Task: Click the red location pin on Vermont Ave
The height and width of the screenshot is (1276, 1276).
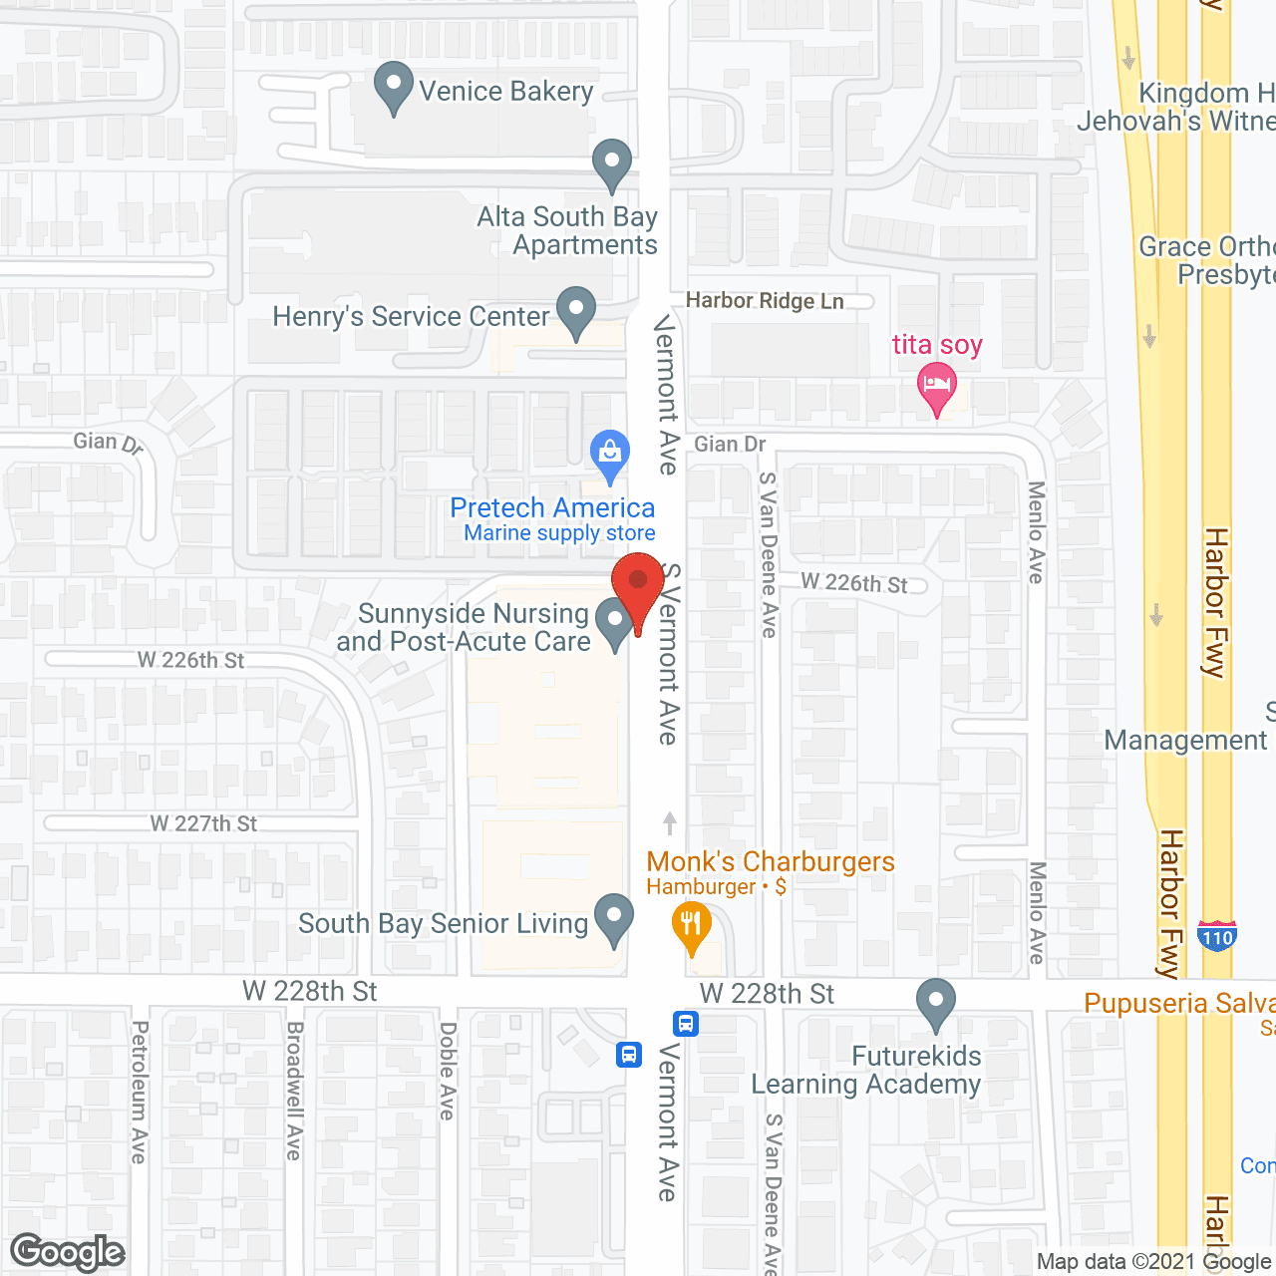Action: [638, 583]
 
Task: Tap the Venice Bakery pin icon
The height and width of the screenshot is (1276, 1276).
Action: [394, 87]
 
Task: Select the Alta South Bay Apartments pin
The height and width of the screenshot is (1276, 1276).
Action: [612, 164]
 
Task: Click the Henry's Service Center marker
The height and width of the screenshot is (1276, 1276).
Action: [576, 312]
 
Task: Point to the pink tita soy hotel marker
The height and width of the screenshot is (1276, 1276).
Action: [936, 387]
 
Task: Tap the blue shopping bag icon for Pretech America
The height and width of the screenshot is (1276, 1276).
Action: [610, 456]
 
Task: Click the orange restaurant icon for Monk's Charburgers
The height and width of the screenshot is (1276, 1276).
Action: [691, 926]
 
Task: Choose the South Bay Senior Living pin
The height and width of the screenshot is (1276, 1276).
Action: [614, 919]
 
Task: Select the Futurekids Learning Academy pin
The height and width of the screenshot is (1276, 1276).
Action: [935, 1004]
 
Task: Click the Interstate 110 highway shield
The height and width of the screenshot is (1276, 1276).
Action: [1217, 935]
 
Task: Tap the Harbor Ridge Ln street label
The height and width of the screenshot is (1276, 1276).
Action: [765, 301]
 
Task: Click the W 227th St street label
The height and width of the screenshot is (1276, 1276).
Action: [203, 823]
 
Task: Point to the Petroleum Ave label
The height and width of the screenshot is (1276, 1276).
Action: [140, 1092]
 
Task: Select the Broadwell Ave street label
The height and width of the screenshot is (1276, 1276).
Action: [294, 1091]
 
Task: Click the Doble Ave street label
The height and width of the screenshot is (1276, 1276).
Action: [448, 1071]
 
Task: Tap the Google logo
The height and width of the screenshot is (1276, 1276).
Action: [68, 1252]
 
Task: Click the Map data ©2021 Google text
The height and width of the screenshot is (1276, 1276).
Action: [1153, 1262]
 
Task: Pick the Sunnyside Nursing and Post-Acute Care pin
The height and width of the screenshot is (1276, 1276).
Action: [615, 623]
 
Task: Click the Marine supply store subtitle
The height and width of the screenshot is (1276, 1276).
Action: [559, 533]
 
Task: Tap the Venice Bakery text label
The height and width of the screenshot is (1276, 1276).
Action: [505, 92]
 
